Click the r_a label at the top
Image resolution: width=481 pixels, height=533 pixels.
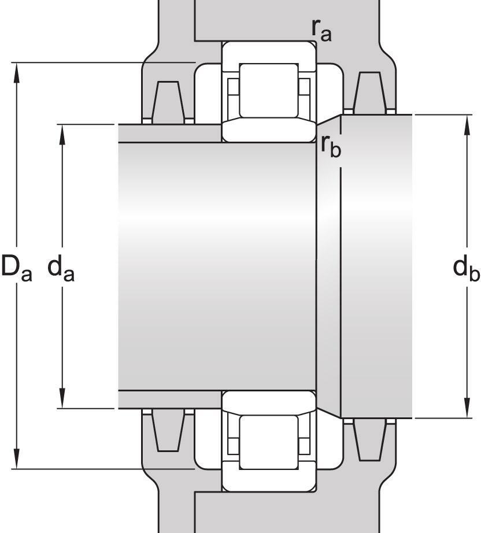[x=321, y=31]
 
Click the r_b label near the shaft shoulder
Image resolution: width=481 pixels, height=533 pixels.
[x=331, y=146]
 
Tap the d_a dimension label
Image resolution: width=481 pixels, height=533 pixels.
[x=61, y=268]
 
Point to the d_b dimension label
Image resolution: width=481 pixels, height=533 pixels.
[x=466, y=268]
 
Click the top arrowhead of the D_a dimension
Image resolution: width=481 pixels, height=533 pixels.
[x=18, y=69]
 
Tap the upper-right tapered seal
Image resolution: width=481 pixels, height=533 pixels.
[x=369, y=92]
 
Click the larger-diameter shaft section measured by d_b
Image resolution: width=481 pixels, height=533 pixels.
[x=376, y=266]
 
